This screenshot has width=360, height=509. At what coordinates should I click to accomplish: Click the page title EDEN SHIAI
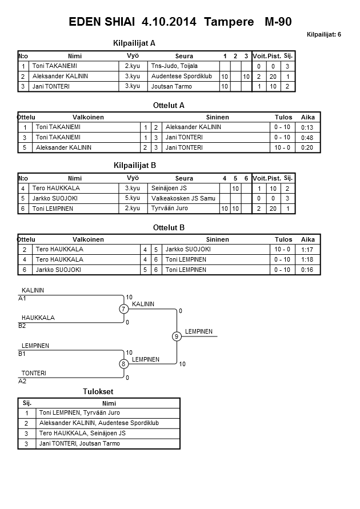[102, 22]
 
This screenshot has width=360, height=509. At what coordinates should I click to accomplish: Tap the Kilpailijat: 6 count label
[323, 34]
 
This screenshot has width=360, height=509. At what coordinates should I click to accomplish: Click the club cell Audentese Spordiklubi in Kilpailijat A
[182, 77]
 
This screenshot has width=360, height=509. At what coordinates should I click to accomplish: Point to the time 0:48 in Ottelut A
[307, 138]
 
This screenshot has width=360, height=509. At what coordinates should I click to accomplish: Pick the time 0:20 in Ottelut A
[307, 147]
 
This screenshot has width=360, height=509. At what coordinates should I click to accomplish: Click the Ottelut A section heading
[169, 105]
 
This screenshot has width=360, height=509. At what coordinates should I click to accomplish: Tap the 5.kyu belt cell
[132, 198]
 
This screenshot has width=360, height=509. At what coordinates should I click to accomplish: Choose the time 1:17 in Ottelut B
[307, 250]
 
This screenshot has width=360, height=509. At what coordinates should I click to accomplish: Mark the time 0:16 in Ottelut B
[307, 269]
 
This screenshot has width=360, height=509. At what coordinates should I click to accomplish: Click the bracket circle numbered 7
[123, 309]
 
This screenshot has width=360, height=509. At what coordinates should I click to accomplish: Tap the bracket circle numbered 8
[123, 364]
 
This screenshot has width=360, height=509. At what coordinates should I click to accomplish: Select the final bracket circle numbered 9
[177, 336]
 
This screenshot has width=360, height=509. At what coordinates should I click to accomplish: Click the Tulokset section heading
[98, 391]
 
